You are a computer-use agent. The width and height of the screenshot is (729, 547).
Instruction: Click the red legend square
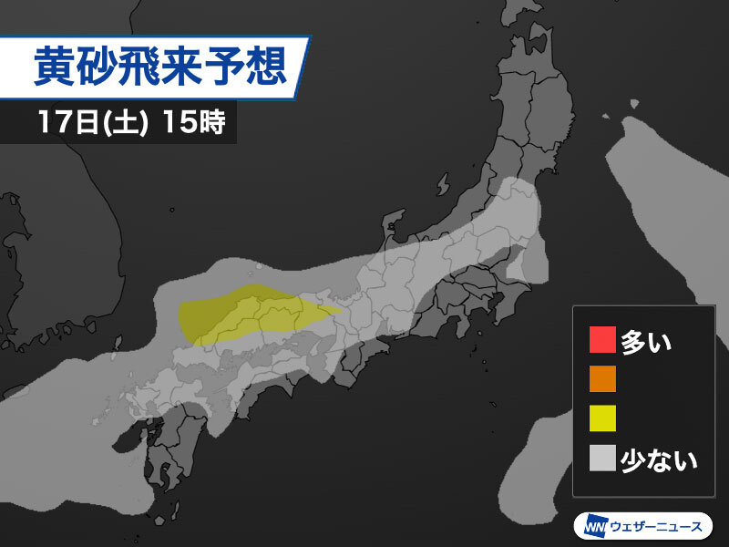(x=602, y=340)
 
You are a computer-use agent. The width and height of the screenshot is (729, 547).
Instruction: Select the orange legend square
(x=602, y=378)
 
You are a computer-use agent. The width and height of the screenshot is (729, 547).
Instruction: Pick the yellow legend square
(x=602, y=418)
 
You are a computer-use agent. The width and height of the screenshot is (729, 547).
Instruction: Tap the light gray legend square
(x=602, y=458)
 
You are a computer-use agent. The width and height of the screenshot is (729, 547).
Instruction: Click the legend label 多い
(x=645, y=341)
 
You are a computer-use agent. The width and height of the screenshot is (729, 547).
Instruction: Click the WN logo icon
(x=590, y=526)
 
